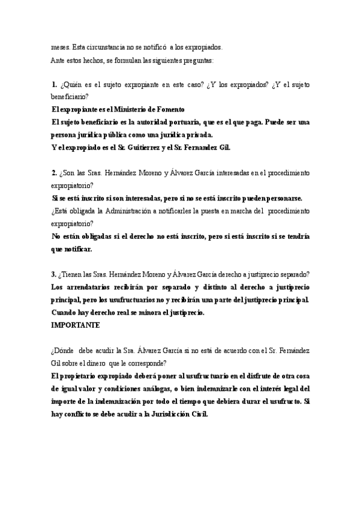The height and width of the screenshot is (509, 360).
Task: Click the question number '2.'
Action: pyautogui.click(x=54, y=173)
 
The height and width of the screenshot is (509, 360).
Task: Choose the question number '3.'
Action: pyautogui.click(x=54, y=275)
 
